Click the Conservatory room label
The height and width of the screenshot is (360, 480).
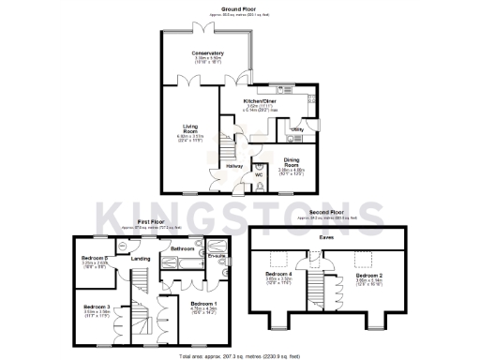[x=207, y=53]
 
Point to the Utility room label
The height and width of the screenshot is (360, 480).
[x=297, y=128]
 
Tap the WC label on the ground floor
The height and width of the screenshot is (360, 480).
[x=258, y=174]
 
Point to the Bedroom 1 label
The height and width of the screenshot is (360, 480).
[x=204, y=305]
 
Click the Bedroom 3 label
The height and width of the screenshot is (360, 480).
[x=97, y=307]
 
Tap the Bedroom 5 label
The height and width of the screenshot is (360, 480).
[x=96, y=258]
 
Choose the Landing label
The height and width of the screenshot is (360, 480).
[x=142, y=259]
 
